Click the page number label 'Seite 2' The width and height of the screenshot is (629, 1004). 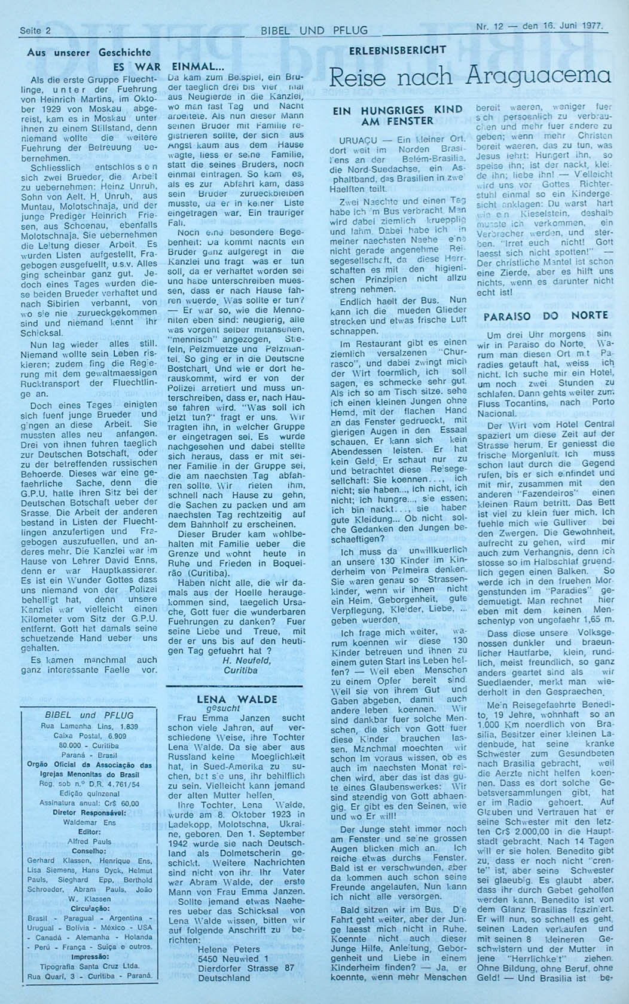click(35, 29)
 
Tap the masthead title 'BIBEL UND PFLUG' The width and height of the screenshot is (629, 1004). click(314, 30)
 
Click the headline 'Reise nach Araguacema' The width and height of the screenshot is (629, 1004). click(470, 76)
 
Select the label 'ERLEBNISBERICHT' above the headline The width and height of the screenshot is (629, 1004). click(398, 50)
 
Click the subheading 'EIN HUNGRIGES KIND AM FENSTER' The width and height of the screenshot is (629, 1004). click(397, 115)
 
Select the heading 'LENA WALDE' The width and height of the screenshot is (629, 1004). click(237, 699)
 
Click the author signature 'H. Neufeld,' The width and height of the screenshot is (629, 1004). click(246, 660)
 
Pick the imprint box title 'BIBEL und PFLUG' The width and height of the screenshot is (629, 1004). click(89, 715)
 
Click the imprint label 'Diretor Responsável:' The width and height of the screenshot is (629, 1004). click(89, 813)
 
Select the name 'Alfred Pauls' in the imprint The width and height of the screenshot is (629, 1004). click(89, 841)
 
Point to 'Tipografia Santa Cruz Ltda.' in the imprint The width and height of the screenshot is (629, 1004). click(89, 966)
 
